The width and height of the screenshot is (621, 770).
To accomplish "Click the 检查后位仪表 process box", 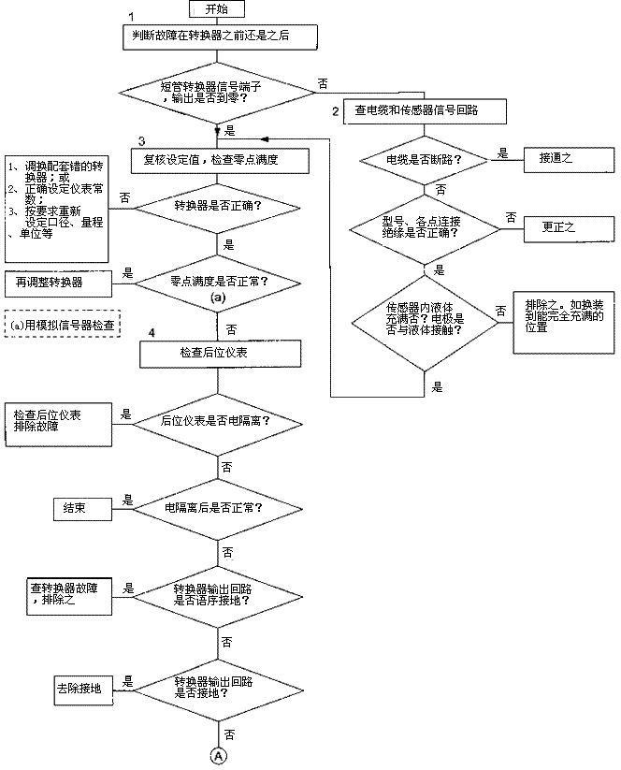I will click(x=221, y=353).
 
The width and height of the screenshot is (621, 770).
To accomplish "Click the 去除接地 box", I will click(x=83, y=688).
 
